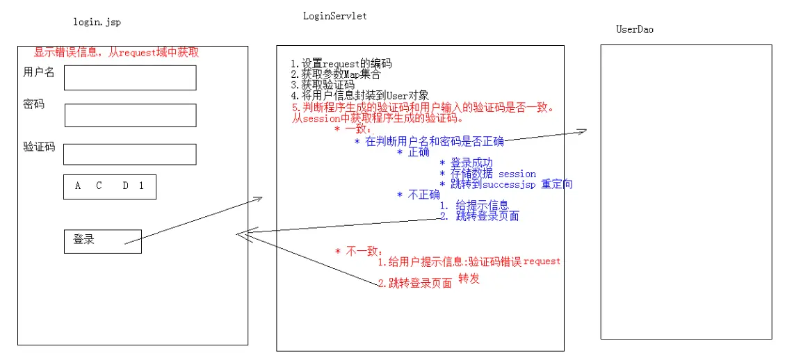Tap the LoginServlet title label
(334, 15)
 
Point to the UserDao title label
(635, 29)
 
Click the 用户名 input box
(130, 78)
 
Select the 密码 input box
(130, 115)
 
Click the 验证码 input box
(130, 154)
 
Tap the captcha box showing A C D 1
(109, 186)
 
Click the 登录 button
(102, 240)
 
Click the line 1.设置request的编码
(341, 64)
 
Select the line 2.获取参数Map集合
(336, 74)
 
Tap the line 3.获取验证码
(323, 85)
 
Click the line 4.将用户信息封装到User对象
(360, 95)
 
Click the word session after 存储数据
(517, 174)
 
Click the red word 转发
(469, 279)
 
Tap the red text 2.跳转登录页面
(415, 283)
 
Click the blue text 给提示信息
(483, 206)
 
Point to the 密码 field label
(33, 104)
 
